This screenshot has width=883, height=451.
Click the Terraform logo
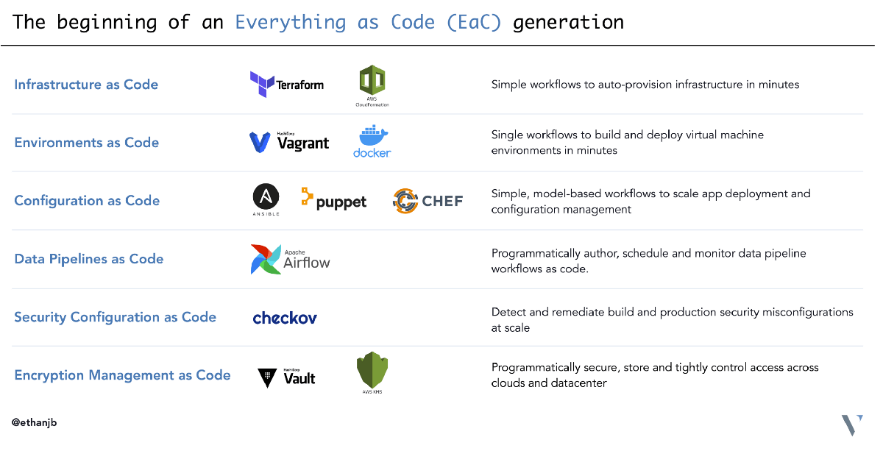287,85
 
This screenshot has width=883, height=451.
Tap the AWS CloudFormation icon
372,84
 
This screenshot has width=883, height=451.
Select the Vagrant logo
289,141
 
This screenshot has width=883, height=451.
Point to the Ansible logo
266,199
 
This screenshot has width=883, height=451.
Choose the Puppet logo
333,199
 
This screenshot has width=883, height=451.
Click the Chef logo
428,200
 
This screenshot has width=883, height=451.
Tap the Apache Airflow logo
291,259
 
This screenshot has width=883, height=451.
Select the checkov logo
285,318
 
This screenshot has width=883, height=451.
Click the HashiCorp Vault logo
287,377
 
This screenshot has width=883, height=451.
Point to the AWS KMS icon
372,372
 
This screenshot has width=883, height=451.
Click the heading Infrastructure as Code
86,85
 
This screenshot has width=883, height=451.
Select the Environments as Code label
87,143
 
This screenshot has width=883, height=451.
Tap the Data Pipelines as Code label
89,259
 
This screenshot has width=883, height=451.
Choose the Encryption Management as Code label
122,375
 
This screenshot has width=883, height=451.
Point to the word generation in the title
568,22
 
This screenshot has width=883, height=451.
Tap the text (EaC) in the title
474,22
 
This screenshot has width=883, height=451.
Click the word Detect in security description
508,312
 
